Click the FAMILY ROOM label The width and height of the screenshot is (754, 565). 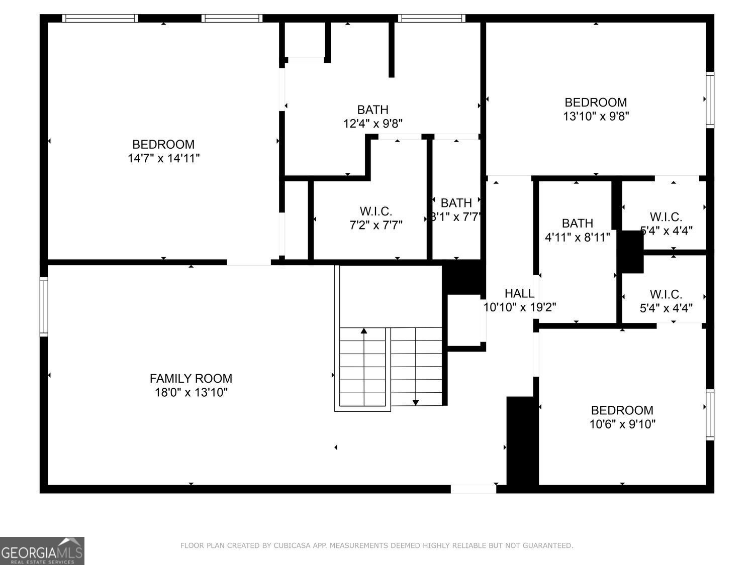(x=191, y=378)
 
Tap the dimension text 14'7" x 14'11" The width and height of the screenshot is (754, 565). (x=164, y=158)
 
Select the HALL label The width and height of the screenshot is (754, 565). (x=519, y=293)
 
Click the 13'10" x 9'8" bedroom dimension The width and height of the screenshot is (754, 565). (x=596, y=116)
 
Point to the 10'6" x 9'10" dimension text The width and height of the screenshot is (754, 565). (x=622, y=424)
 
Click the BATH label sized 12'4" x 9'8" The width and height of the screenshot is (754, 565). (x=372, y=109)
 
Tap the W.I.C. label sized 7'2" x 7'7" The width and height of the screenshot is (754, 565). (x=375, y=211)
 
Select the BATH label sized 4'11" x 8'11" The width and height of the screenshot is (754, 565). (x=578, y=223)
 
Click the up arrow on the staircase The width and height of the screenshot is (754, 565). (x=364, y=331)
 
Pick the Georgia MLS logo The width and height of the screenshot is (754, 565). (x=42, y=551)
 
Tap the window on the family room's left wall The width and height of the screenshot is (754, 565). (x=44, y=306)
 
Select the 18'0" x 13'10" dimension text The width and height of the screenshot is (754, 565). (x=191, y=392)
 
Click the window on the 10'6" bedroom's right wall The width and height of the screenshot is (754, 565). (x=710, y=415)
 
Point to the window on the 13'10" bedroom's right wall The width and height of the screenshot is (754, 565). (x=710, y=99)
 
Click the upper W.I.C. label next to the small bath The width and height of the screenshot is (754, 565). (x=666, y=217)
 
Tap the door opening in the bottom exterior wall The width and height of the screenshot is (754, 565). (x=473, y=489)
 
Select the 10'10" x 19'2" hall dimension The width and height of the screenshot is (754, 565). (x=519, y=307)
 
